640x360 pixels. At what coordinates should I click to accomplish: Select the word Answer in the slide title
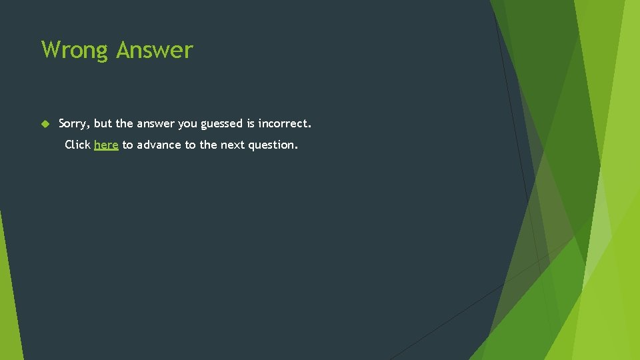tap(155, 51)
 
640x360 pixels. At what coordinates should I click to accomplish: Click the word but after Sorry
tap(103, 123)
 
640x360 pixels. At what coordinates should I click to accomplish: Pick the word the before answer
tap(125, 123)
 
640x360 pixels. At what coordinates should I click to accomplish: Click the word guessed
tap(222, 124)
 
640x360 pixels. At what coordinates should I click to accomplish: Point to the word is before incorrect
tap(251, 123)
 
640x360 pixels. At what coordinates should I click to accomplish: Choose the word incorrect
tap(285, 123)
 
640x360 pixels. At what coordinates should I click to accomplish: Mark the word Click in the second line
tap(77, 145)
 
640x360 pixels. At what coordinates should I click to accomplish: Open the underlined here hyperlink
tap(106, 145)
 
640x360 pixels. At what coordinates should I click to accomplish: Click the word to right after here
tap(127, 145)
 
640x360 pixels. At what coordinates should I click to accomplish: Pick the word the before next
tap(208, 145)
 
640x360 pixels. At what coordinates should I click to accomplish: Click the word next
tap(233, 145)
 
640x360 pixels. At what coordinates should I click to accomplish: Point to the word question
tap(273, 145)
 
